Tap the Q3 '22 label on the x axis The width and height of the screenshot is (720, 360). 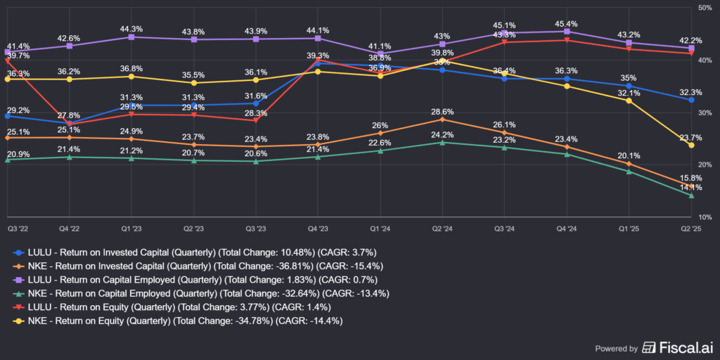click(18, 229)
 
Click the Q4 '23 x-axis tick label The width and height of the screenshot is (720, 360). click(318, 229)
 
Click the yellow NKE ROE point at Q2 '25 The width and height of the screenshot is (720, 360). click(691, 145)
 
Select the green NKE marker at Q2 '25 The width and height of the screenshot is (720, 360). click(691, 195)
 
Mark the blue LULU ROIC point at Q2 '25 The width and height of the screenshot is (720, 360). click(691, 100)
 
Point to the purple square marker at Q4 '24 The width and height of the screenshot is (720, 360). click(567, 31)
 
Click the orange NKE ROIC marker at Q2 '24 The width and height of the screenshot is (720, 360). click(442, 120)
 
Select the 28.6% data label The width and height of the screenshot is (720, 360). click(442, 112)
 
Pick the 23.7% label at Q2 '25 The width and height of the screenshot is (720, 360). click(691, 137)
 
